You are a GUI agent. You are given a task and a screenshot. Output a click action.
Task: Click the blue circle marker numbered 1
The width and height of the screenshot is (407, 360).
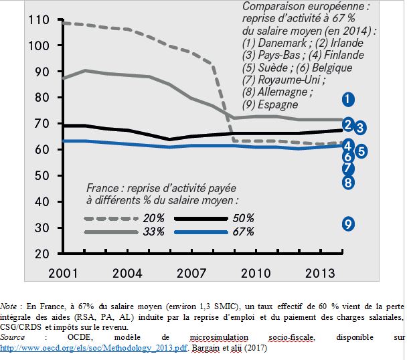[347, 99]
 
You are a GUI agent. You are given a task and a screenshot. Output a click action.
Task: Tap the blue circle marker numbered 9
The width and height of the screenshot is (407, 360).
[347, 224]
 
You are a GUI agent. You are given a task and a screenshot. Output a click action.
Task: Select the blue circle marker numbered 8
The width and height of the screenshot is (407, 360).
[347, 181]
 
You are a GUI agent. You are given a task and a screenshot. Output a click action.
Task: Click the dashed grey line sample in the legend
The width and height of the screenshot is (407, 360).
[106, 218]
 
